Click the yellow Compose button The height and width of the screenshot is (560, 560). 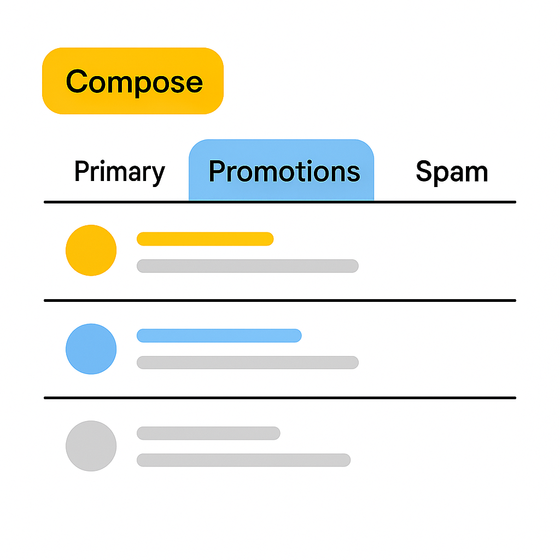(133, 81)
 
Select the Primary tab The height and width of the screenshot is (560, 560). (119, 172)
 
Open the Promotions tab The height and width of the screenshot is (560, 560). (284, 171)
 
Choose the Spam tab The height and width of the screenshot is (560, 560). (452, 172)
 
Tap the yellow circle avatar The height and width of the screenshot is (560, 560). (91, 250)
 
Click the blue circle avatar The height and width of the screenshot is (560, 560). (91, 349)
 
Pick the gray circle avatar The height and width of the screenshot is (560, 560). (91, 446)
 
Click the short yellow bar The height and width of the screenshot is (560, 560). (205, 238)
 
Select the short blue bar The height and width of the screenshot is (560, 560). (219, 335)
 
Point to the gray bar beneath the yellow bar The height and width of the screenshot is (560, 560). (247, 266)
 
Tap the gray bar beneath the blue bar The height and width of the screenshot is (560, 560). (247, 362)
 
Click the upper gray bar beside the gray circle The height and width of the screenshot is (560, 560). (208, 433)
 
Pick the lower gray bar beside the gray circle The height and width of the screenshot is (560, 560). (243, 460)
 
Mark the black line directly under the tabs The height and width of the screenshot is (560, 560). (280, 202)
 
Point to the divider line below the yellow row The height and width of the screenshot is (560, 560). (280, 300)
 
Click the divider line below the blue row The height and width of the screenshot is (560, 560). (280, 398)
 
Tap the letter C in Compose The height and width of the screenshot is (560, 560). (77, 81)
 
